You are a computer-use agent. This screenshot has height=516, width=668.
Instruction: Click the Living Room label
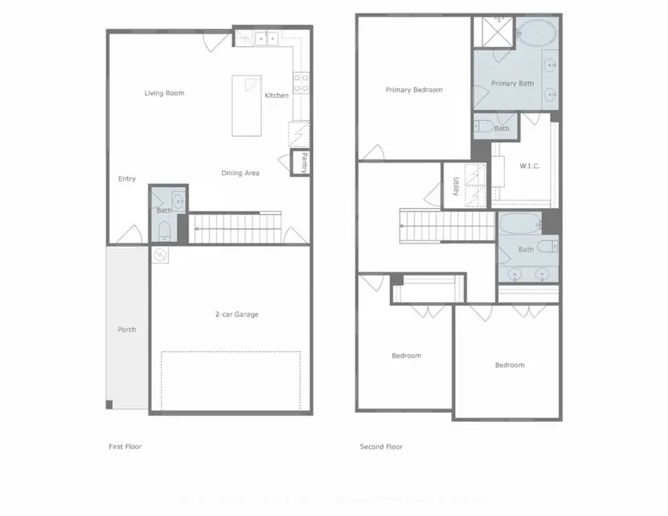164,94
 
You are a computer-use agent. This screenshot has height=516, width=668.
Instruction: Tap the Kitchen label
277,96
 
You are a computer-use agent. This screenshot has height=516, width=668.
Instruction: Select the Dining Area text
240,173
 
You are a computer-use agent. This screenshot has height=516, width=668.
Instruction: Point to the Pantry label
304,161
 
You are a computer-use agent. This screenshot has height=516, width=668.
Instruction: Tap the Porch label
127,330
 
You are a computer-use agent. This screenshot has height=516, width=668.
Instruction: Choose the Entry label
127,179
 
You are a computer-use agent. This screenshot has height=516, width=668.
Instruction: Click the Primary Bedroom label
413,90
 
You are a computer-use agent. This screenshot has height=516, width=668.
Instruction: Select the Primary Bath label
512,84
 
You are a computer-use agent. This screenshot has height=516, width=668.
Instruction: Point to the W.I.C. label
529,166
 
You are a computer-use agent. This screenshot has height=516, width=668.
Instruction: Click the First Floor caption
125,447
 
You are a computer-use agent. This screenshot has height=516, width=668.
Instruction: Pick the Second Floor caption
381,447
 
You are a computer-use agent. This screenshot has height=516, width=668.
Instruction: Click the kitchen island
246,105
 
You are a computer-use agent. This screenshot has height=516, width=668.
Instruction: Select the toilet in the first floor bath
164,229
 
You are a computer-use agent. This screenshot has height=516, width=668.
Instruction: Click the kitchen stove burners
301,83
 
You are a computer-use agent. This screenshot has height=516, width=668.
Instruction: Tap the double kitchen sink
266,36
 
